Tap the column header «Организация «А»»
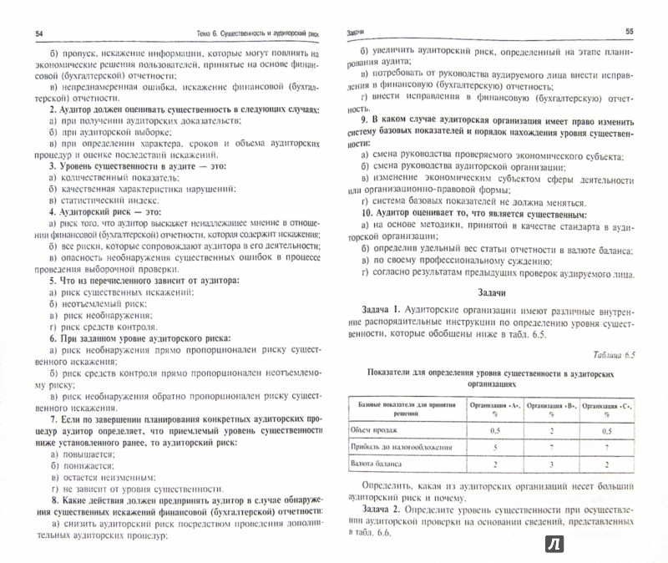[495, 407]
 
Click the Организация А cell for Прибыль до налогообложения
[495, 448]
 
